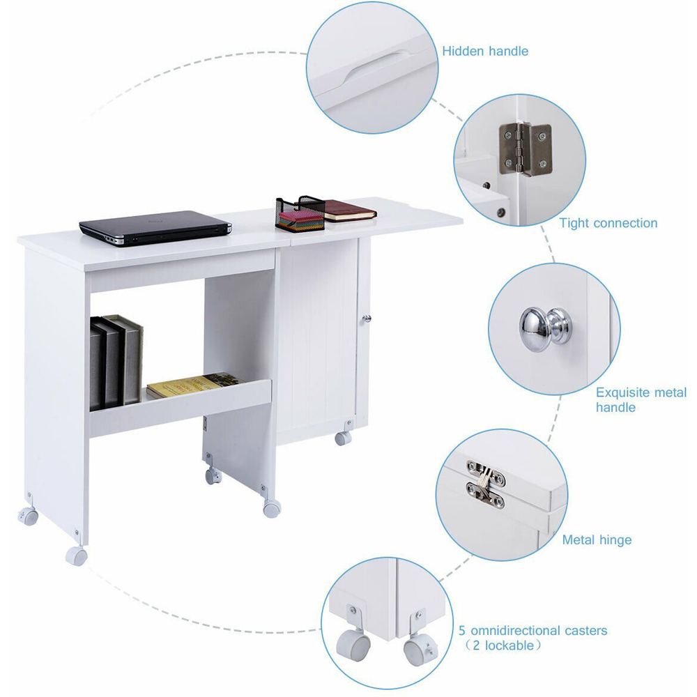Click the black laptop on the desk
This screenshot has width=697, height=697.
click(155, 228)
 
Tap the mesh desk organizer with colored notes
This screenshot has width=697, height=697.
click(299, 214)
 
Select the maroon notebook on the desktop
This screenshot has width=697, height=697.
click(349, 210)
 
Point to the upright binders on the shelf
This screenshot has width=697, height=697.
click(116, 361)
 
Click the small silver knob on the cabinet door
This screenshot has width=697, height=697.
click(367, 319)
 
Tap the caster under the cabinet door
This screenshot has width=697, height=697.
click(344, 438)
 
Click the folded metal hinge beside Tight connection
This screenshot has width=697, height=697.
click(525, 148)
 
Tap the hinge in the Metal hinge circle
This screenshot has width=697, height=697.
click(485, 484)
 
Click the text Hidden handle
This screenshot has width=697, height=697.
click(485, 51)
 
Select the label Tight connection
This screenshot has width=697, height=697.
click(608, 223)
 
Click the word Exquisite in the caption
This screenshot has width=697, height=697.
click(623, 392)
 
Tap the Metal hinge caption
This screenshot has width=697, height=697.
click(597, 539)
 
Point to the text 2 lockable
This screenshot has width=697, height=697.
click(506, 645)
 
